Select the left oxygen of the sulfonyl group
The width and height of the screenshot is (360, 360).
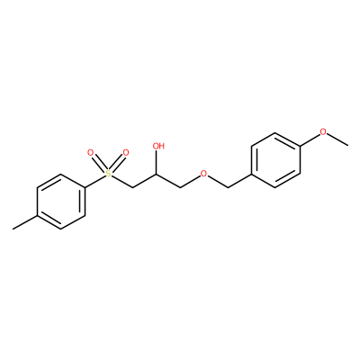(90, 152)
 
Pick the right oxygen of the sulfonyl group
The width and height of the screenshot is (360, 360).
(126, 152)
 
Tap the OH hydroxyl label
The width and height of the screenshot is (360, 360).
(158, 146)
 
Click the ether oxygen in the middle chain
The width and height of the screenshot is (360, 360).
(204, 174)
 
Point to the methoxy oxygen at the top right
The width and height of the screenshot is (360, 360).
(323, 131)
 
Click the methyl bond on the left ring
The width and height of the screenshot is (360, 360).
(25, 222)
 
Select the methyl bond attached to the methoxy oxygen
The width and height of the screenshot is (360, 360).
(337, 140)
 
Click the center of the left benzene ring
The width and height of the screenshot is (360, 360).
(61, 202)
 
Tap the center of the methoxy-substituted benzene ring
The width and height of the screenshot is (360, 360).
(275, 160)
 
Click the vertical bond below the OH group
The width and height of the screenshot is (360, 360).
(157, 163)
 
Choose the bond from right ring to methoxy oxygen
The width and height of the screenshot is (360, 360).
(310, 139)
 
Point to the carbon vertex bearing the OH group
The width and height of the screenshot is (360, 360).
(157, 174)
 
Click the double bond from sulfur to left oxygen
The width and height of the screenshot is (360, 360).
(99, 163)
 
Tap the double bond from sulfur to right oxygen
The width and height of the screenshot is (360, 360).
(117, 163)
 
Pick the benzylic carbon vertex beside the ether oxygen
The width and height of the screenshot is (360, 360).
(228, 188)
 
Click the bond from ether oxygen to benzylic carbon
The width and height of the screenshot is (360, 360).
(218, 182)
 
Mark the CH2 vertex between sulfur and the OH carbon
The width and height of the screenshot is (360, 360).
(132, 188)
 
